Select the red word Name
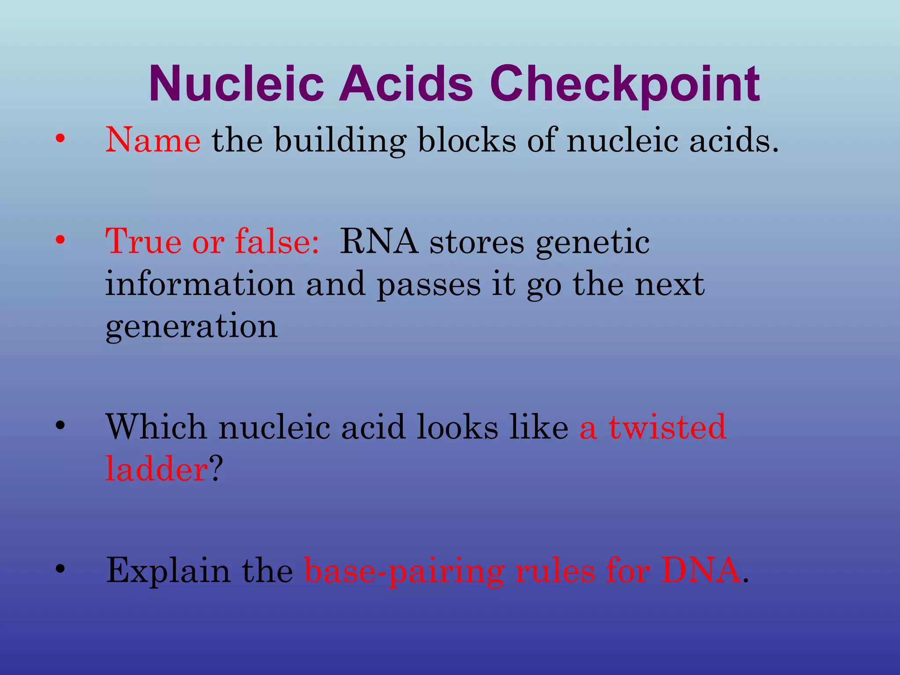[x=153, y=140]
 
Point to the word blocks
[x=467, y=140]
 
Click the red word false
[x=277, y=241]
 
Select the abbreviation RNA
[x=379, y=241]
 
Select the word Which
[x=156, y=427]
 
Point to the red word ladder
[x=156, y=468]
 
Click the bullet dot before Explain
[x=60, y=569]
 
